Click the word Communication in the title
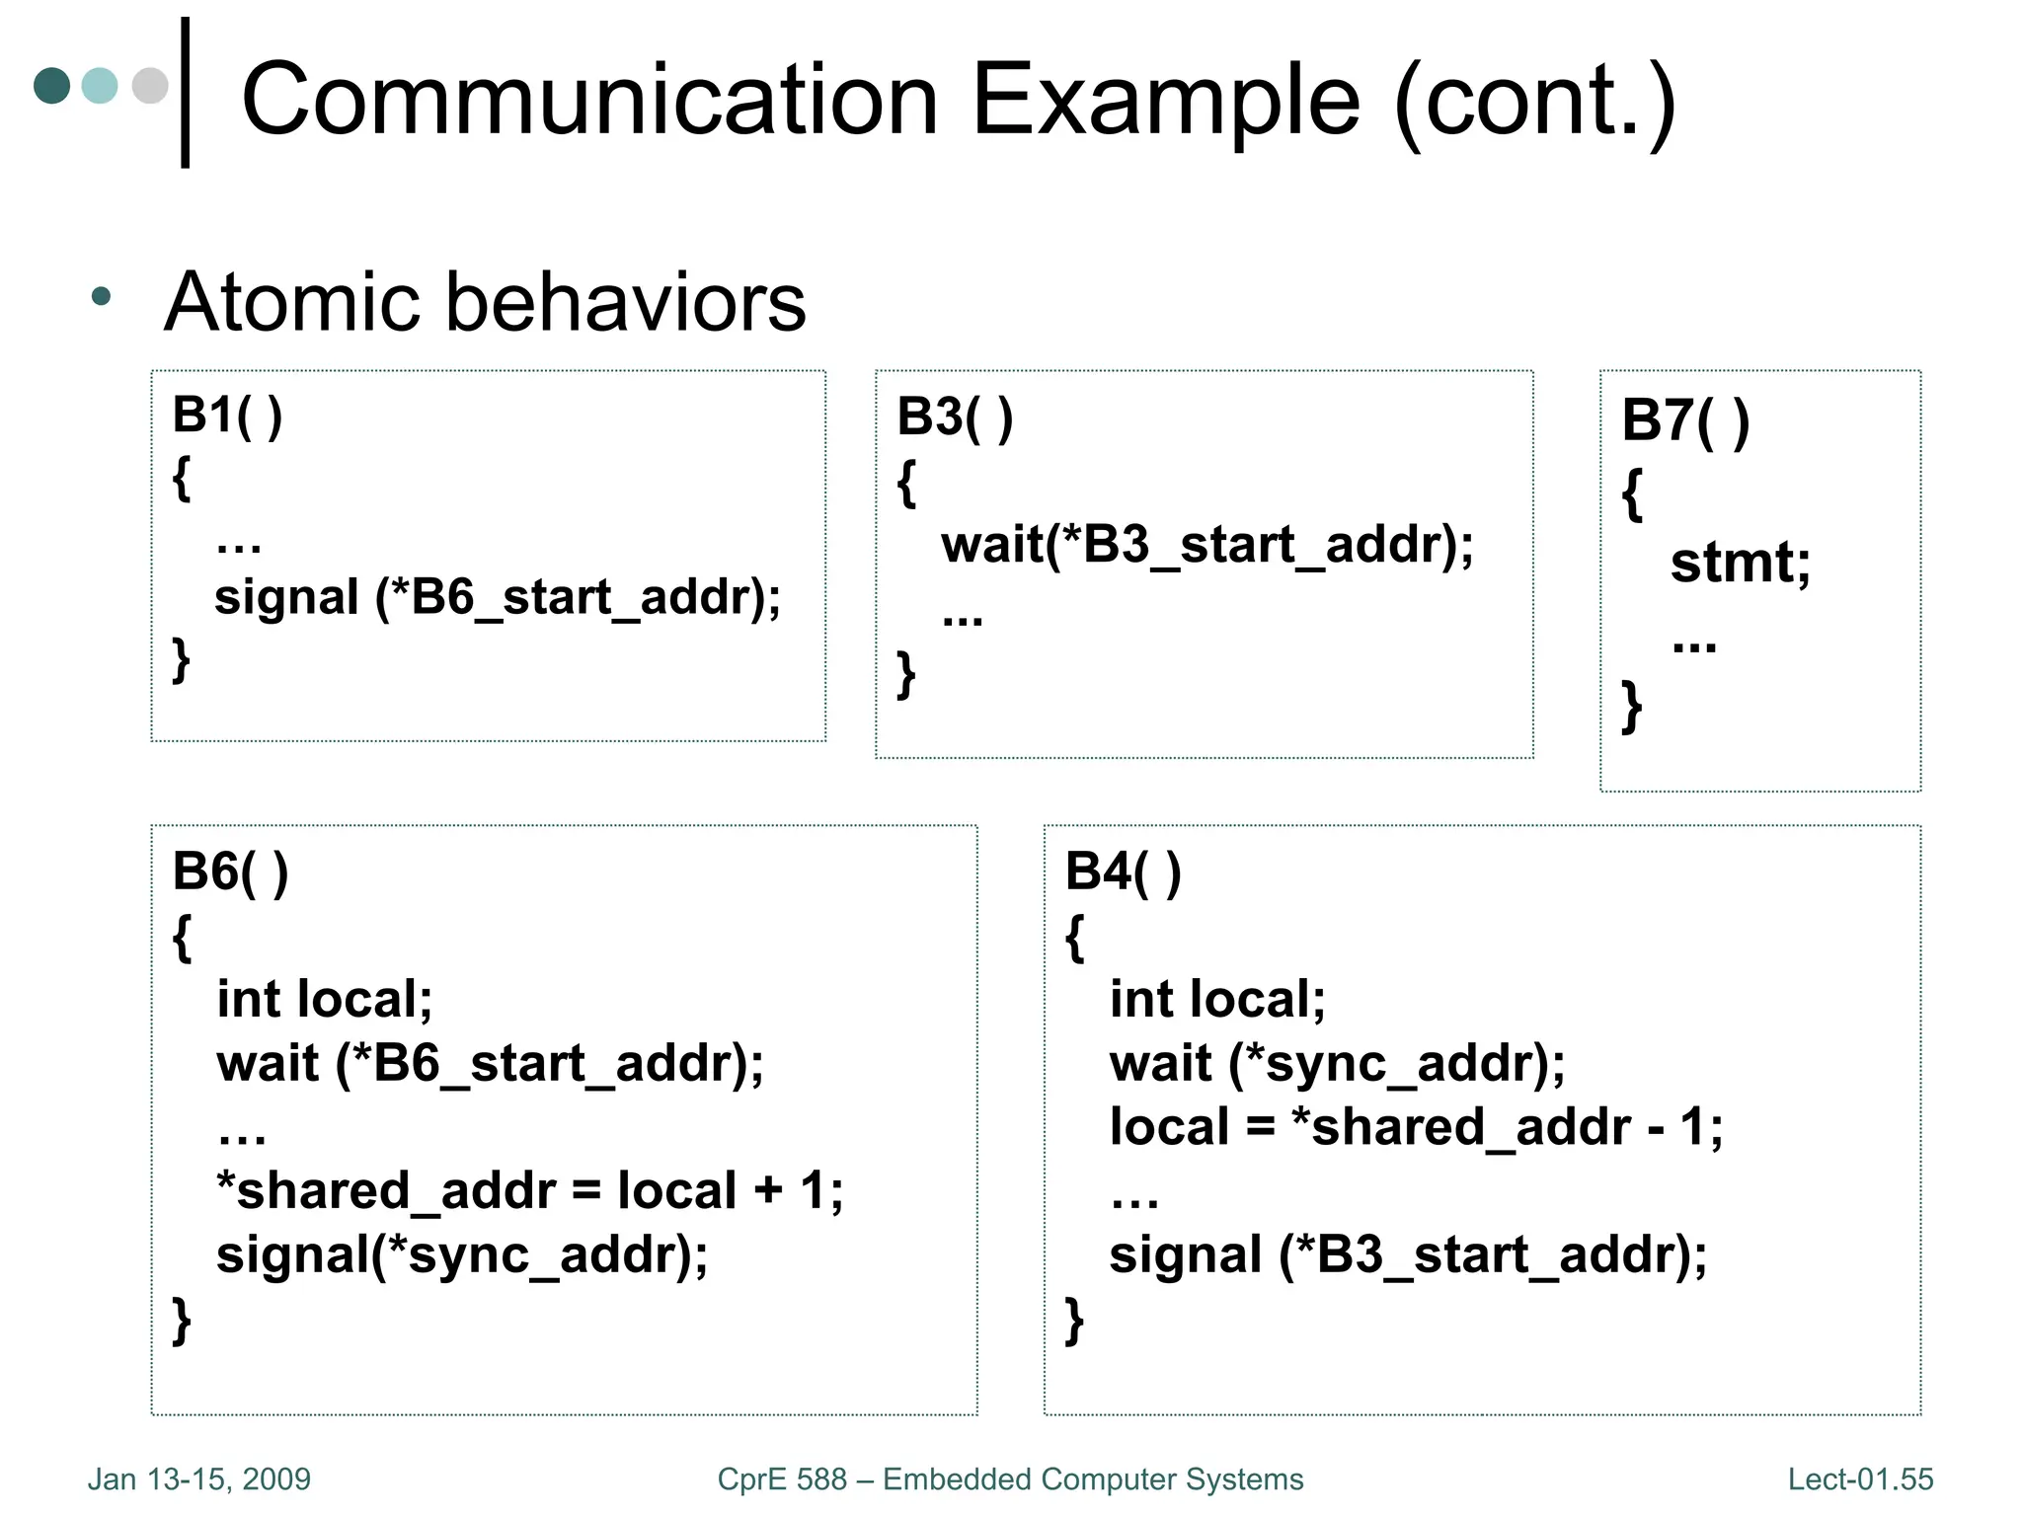589,100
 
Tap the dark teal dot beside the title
52,85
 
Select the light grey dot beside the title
150,85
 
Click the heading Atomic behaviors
485,301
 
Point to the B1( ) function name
227,415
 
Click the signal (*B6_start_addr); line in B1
497,598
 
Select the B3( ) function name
954,417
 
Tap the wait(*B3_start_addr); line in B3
1206,545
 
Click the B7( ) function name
1684,421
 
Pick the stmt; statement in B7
1740,564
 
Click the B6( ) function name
230,872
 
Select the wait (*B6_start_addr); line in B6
490,1064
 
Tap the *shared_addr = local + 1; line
529,1190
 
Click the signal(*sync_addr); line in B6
462,1255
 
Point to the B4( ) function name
1123,872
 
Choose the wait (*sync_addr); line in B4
1337,1064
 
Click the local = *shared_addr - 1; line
1416,1127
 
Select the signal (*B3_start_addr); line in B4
1408,1255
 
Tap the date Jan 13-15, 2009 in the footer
199,1479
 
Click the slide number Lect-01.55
1860,1479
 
